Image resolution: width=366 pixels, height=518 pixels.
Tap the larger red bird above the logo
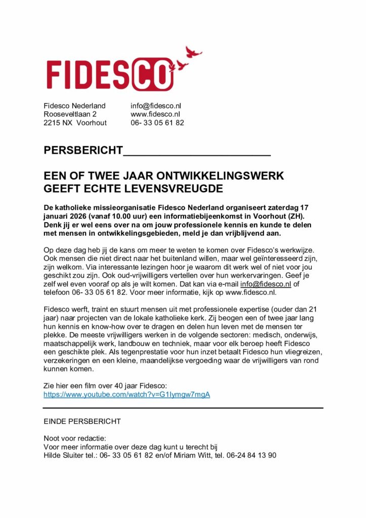click(193, 52)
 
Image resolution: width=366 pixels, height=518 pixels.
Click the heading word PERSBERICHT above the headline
click(83, 150)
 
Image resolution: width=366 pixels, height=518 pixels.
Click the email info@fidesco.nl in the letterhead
click(156, 106)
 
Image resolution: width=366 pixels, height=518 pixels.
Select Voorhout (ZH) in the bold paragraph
click(288, 216)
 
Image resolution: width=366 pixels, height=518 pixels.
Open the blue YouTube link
click(126, 395)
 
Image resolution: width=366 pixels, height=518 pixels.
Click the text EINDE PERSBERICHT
click(82, 421)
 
